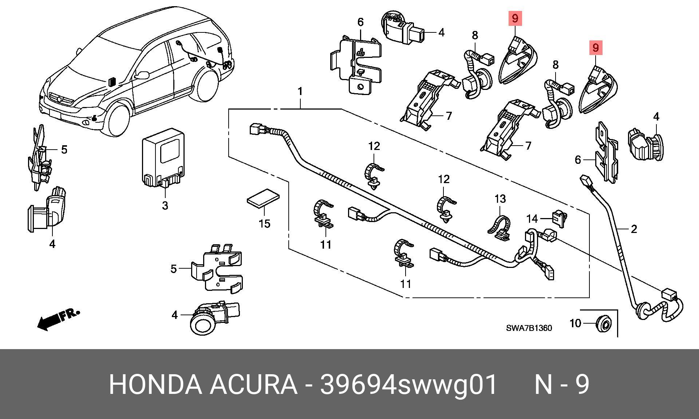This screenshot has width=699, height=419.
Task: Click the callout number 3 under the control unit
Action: [165, 206]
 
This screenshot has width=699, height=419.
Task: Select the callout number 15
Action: [265, 224]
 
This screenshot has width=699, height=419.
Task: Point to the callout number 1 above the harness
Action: [300, 91]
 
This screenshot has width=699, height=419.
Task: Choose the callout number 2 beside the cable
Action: [634, 229]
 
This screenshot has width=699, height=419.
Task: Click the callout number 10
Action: [575, 323]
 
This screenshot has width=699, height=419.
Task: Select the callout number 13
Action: [500, 199]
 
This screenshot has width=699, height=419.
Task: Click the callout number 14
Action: [532, 218]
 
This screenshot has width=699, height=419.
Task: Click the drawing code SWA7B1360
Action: [529, 328]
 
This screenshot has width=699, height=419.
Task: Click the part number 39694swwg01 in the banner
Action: [408, 384]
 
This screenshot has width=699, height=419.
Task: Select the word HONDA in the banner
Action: [155, 384]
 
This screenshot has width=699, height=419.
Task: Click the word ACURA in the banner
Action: [253, 384]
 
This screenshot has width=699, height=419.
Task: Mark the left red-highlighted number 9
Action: [515, 18]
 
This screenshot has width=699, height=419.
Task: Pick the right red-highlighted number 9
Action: [595, 47]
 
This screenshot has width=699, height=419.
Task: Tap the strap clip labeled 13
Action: [499, 228]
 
